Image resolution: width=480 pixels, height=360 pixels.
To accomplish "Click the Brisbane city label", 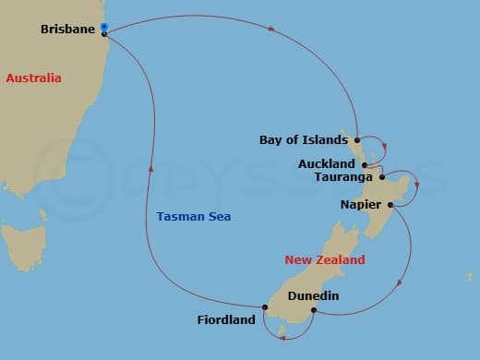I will [x=68, y=30].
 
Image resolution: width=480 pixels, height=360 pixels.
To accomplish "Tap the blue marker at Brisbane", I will [x=104, y=28].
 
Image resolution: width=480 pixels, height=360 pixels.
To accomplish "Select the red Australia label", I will [x=33, y=78].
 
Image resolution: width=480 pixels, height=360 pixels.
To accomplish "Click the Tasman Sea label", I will [x=194, y=217].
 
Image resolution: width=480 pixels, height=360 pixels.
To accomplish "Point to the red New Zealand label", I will [x=324, y=260].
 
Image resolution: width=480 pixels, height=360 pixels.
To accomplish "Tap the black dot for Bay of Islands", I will [x=355, y=140].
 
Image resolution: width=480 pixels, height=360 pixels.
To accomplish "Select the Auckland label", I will [x=328, y=163].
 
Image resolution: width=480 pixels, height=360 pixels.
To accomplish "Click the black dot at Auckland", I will [x=366, y=164].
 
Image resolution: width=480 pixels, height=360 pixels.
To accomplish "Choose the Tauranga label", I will [x=343, y=176].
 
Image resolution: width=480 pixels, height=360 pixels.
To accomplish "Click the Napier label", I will [x=362, y=204].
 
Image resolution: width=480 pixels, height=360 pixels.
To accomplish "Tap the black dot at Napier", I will [x=390, y=204].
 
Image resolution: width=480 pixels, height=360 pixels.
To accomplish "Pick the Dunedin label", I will [x=313, y=296].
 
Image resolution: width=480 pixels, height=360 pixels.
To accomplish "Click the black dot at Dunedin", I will [x=314, y=310].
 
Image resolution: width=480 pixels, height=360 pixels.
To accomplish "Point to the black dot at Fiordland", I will [x=264, y=306].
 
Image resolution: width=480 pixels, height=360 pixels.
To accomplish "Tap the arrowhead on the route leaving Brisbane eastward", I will [x=271, y=29].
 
